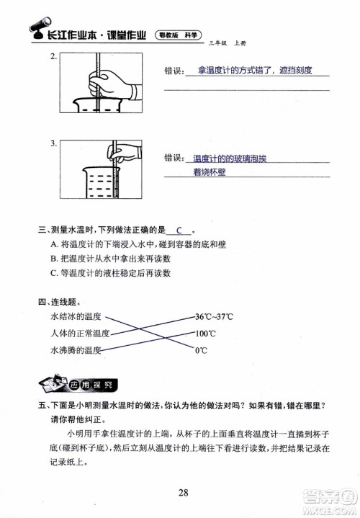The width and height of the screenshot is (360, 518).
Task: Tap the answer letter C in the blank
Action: click(x=179, y=231)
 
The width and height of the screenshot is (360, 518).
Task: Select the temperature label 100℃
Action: click(x=206, y=334)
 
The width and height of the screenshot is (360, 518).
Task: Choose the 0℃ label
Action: click(x=202, y=350)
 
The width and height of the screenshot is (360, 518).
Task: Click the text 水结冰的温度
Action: click(x=76, y=317)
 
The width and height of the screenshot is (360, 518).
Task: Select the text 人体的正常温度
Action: click(x=80, y=334)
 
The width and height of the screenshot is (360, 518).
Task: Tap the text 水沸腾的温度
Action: click(x=76, y=350)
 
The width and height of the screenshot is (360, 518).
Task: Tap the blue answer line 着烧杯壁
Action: click(x=210, y=172)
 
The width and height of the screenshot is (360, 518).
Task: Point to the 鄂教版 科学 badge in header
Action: click(x=179, y=33)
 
